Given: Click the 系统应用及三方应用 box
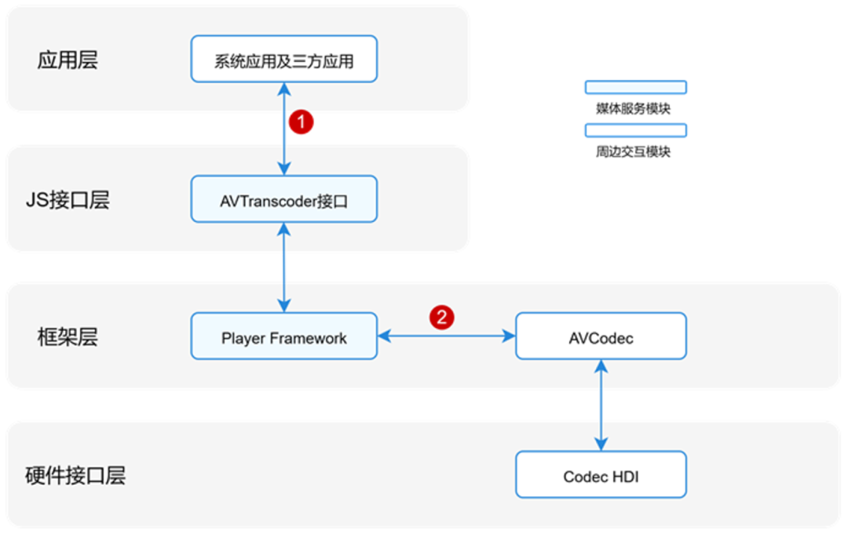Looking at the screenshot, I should tap(283, 60).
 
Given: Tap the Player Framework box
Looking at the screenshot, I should tap(283, 337).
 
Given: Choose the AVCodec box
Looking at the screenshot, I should tap(601, 337).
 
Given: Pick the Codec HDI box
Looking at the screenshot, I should tap(601, 475).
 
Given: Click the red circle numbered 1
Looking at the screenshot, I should tap(302, 122).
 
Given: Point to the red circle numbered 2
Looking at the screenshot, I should tap(441, 318).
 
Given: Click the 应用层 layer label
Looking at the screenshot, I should tap(68, 60).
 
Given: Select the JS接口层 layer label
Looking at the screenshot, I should tap(67, 200).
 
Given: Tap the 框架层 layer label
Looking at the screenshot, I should tap(68, 337).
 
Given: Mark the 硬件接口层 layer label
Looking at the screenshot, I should tap(75, 475).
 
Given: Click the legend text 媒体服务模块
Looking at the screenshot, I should tap(633, 108).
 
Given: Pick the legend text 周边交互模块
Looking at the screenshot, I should tap(633, 152).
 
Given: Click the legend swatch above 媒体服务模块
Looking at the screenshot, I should tap(635, 87).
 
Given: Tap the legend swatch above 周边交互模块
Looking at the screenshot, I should tap(635, 130).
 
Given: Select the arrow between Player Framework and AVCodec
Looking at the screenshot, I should tap(446, 337).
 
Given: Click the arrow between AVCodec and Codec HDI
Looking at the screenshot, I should tap(601, 406).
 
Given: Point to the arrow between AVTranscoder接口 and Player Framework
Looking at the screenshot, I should tap(284, 267).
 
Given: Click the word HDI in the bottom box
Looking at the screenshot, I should tap(625, 475).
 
